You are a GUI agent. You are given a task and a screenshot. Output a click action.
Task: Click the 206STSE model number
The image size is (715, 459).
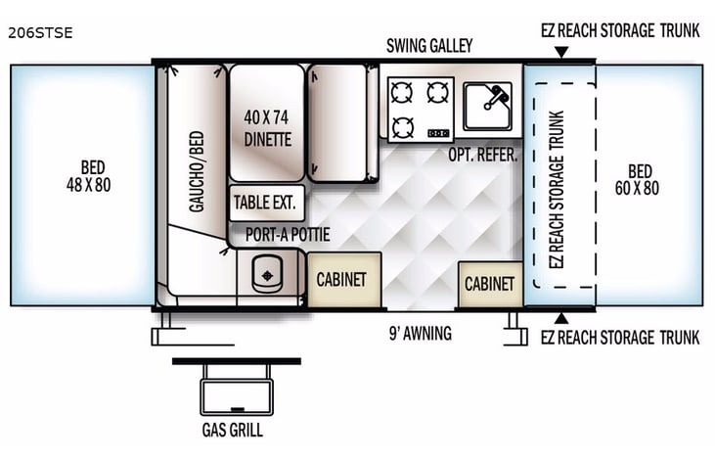pos(40,32)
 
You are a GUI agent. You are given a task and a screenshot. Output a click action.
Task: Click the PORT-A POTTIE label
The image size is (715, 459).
pos(288,235)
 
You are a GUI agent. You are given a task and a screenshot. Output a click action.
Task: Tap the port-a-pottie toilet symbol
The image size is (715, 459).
pos(267,275)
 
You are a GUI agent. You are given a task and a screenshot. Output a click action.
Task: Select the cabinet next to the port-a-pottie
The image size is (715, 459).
pos(340,280)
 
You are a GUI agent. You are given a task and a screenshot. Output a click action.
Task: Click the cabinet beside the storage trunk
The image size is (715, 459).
pos(489,284)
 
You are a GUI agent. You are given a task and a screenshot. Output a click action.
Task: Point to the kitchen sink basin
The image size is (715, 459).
pos(487,106)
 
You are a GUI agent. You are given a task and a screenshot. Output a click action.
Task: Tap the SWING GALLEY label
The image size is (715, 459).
pos(429,46)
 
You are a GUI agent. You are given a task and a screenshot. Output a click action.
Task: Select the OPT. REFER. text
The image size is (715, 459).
pos(482,155)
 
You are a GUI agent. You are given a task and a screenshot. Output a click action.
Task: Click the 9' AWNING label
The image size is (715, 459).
pos(420,334)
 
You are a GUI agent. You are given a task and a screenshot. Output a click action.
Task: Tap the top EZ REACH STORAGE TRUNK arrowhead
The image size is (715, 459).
pos(560,52)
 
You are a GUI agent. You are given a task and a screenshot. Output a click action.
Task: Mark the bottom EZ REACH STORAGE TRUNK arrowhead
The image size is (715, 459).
pos(560,318)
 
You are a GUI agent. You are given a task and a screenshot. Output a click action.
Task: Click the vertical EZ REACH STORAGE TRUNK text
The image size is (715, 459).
pos(559,185)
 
